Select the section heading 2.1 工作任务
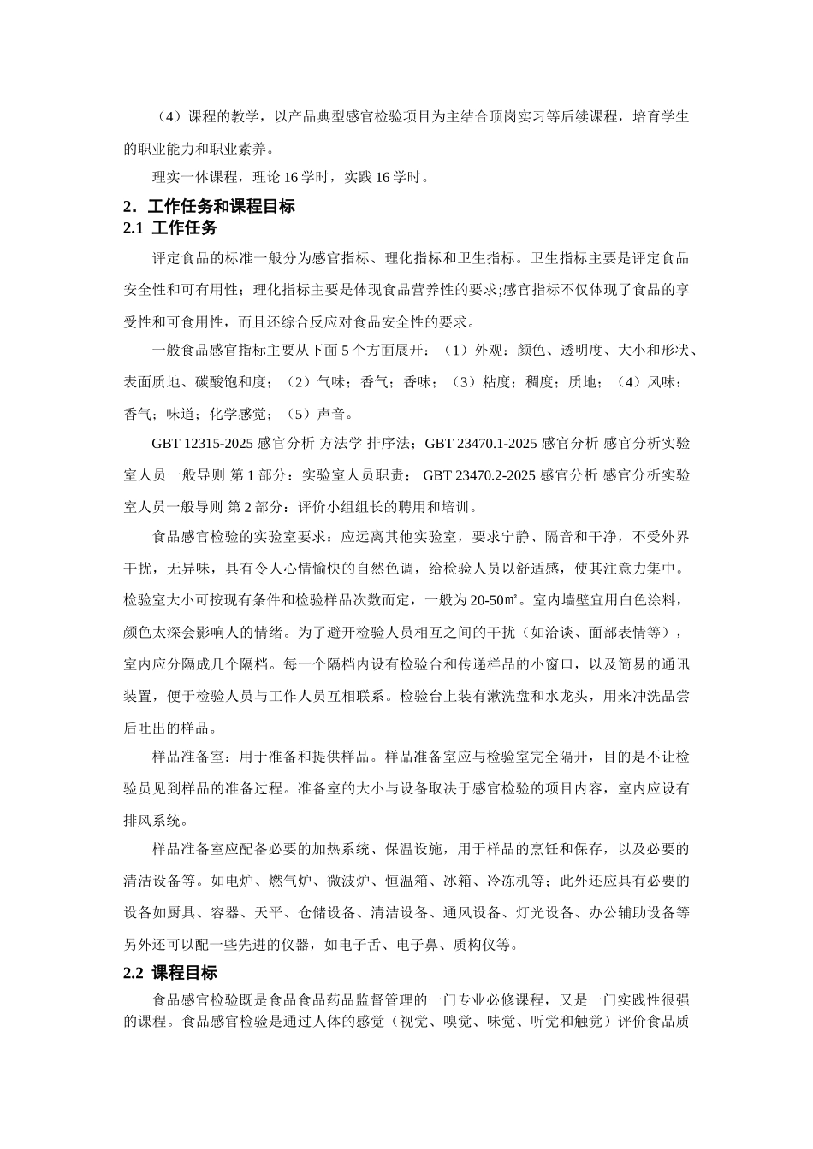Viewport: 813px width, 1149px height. [x=170, y=228]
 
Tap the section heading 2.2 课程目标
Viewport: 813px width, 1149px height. [x=170, y=973]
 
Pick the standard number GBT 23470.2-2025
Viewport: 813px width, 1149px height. [x=479, y=475]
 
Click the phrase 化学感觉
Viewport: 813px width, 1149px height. [x=237, y=413]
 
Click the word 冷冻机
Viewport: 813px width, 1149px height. [x=508, y=881]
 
